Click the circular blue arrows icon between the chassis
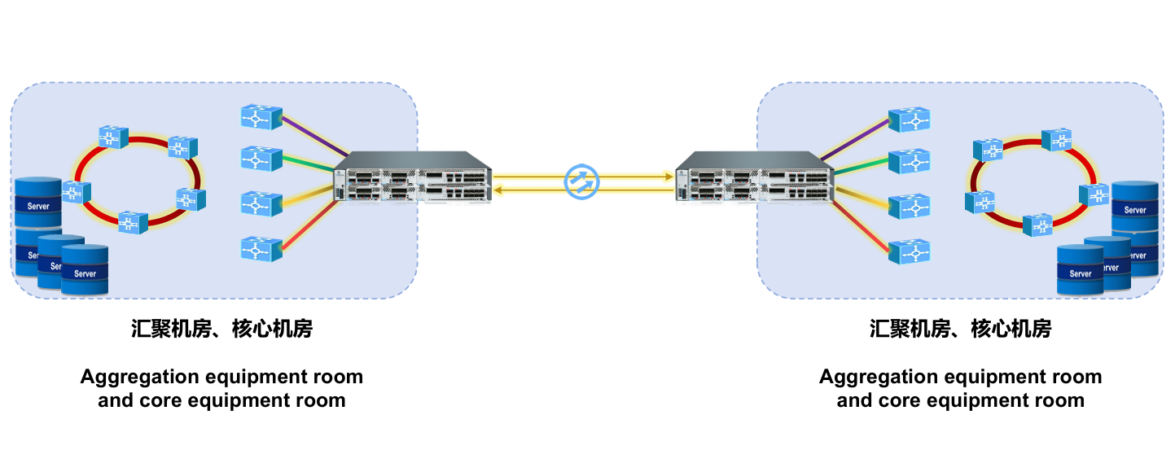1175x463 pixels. tap(581, 181)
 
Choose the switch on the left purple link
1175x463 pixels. tap(261, 116)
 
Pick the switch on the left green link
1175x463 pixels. tap(261, 159)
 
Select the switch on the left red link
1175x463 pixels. tap(261, 247)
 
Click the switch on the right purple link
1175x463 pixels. tap(910, 120)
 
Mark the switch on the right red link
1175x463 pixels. tap(910, 251)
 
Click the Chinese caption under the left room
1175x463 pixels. tap(221, 329)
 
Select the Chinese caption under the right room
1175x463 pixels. tap(960, 329)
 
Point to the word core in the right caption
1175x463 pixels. tap(905, 400)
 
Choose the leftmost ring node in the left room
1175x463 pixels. tap(77, 192)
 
